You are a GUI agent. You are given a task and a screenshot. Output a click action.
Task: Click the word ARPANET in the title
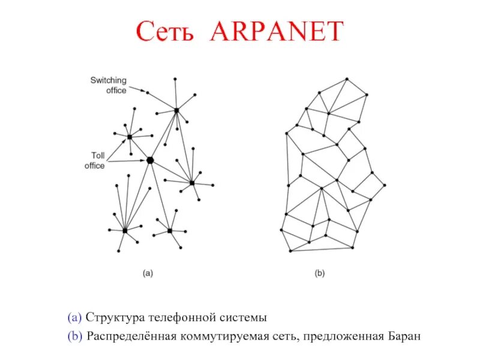pos(277,31)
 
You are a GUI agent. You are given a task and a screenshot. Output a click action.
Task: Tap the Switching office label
pos(108,85)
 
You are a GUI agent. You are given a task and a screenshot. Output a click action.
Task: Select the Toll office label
pos(94,160)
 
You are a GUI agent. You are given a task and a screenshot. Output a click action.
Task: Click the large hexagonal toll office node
pos(150,160)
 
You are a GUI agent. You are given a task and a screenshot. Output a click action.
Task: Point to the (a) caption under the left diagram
pos(148,273)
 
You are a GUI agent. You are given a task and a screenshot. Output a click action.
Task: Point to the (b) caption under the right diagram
pos(319,273)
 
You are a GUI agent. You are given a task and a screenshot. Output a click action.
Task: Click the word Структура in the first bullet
pos(114,317)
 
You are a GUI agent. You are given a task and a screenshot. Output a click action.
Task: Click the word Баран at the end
pos(404,335)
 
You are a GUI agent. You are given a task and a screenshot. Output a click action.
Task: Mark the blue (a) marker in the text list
pos(74,317)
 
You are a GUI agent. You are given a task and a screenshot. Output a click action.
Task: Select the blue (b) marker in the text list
pos(74,335)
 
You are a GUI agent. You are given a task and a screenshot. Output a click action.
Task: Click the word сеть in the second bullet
pos(282,335)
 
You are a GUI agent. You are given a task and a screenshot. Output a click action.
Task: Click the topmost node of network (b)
pos(347,79)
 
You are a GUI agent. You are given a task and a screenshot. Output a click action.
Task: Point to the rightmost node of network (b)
pos(385,185)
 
